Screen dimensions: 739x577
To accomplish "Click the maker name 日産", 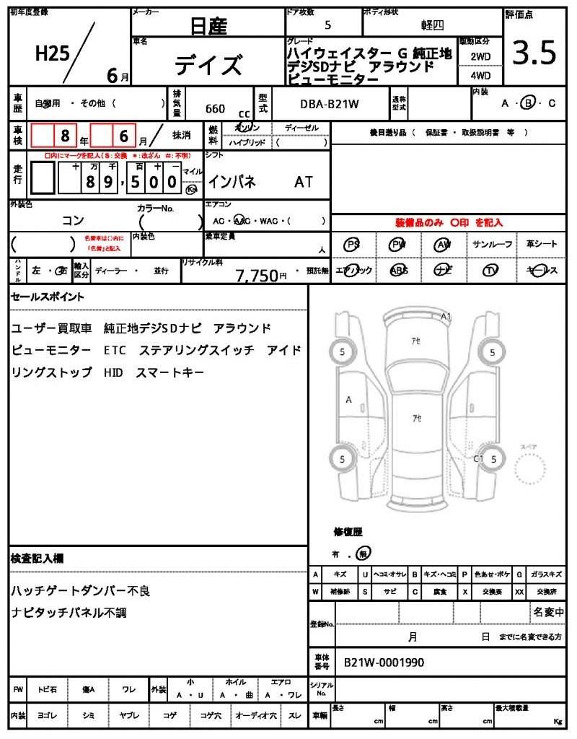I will (x=208, y=27).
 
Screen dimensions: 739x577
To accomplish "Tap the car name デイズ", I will (x=208, y=65).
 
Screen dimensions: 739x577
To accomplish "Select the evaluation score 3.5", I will (x=534, y=53).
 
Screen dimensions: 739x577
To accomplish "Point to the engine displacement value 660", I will (x=215, y=109).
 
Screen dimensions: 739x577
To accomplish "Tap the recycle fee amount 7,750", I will (x=257, y=275).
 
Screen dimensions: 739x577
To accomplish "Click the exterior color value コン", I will (x=73, y=219).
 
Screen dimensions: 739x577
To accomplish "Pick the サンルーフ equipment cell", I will (x=493, y=245).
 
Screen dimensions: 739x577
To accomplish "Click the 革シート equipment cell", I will (x=541, y=245).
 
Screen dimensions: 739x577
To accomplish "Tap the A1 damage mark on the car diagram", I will (x=446, y=316).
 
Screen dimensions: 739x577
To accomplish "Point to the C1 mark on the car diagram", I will (x=477, y=458).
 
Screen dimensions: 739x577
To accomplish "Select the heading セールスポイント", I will (x=48, y=297).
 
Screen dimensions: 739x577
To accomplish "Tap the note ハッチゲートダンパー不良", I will (x=80, y=591).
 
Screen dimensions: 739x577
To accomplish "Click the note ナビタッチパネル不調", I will (x=74, y=613).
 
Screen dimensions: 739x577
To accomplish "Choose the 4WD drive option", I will (x=480, y=75).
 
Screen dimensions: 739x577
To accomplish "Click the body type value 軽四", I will (x=433, y=25).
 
